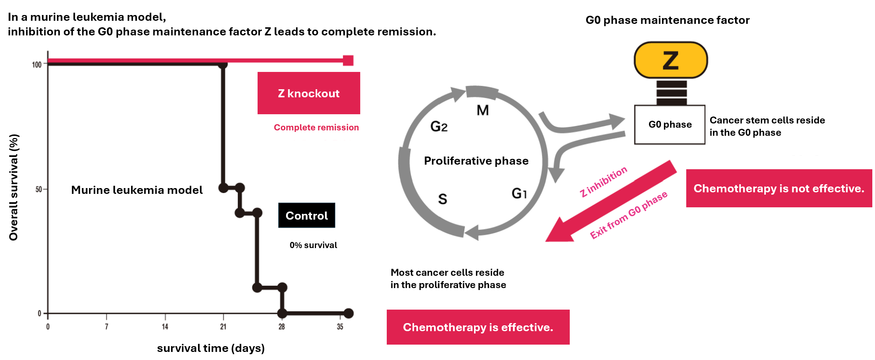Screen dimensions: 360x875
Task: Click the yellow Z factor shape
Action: pos(670,60)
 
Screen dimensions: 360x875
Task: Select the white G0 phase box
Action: pos(670,125)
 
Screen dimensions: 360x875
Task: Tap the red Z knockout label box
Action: pos(309,93)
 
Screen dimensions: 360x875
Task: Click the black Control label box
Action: pos(307,215)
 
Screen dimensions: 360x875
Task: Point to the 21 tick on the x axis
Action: pos(223,327)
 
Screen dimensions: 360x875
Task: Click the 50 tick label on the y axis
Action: pos(39,189)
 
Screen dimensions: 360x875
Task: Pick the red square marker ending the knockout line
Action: pos(348,60)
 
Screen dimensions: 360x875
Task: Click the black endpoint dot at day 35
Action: pos(349,313)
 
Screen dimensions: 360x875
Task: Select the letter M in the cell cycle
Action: pos(483,110)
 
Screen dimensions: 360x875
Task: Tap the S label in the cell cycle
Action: pos(442,199)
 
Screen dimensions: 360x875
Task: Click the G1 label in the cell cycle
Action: pos(519,193)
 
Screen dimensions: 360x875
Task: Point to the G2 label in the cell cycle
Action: pos(439,126)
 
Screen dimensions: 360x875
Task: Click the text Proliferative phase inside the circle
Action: pos(476,161)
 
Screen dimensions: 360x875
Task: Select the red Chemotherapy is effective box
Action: pos(478,327)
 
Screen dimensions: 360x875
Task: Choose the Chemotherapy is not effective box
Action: pos(779,188)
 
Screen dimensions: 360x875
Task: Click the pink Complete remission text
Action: pos(316,127)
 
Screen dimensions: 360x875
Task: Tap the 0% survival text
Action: pos(313,245)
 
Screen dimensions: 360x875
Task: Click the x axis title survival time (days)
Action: pos(211,348)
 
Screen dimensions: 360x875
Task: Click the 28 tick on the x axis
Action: pos(282,327)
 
